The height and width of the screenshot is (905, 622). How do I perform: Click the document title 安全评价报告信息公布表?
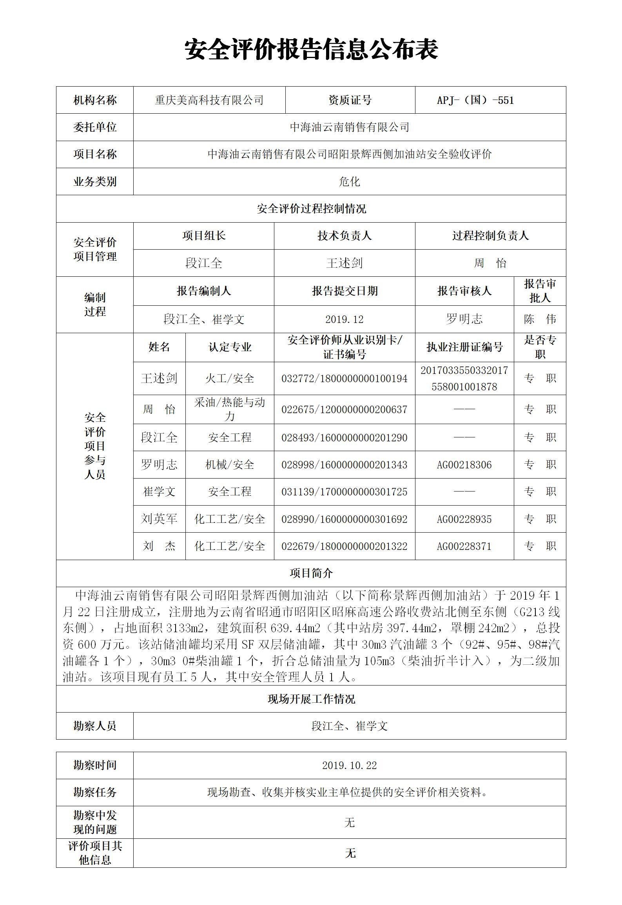(x=311, y=50)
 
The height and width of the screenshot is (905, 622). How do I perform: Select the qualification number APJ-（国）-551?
(x=475, y=100)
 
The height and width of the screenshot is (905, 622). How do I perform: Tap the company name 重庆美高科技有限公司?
(x=209, y=100)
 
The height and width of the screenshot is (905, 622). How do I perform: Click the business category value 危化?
(x=349, y=181)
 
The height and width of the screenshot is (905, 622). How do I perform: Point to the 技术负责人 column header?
(x=344, y=236)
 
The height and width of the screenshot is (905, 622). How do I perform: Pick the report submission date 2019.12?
(x=344, y=319)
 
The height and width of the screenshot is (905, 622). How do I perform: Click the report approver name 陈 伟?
(x=540, y=319)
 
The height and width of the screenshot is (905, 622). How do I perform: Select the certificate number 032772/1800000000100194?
(x=344, y=379)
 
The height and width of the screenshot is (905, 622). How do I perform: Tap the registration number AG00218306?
(x=464, y=465)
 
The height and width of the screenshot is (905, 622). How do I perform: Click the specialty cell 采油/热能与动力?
(x=230, y=409)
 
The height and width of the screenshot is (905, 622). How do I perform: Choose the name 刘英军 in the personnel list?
(x=159, y=519)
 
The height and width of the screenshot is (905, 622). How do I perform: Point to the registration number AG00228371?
(x=464, y=546)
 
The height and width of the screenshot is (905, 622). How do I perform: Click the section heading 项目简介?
(x=311, y=573)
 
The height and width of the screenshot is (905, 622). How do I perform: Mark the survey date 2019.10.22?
(x=349, y=765)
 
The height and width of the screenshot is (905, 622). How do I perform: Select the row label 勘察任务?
(x=95, y=793)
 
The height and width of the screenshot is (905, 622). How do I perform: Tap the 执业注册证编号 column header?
(x=464, y=347)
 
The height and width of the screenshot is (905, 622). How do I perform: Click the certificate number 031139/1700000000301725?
(x=344, y=492)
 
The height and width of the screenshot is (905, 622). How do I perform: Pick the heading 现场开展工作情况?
(x=311, y=699)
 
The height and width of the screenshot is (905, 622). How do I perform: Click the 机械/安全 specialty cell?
(x=230, y=465)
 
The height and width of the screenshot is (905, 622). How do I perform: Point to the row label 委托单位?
(x=95, y=127)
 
